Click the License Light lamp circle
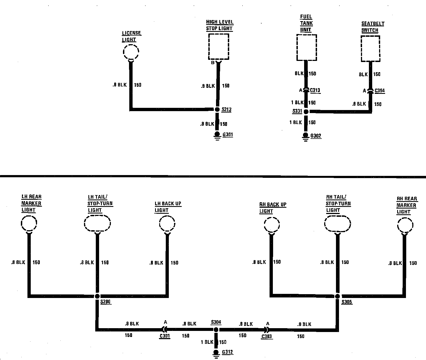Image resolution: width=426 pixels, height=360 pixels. click(131, 52)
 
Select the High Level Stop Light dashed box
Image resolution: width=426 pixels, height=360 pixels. click(218, 47)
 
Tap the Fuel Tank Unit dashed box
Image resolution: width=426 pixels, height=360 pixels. click(307, 47)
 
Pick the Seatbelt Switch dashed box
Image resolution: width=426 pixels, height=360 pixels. click(370, 49)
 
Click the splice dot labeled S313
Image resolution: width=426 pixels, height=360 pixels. click(217, 109)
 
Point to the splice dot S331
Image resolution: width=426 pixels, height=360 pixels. click(306, 111)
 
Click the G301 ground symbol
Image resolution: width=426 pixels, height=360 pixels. click(217, 135)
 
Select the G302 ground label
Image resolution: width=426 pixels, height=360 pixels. click(316, 136)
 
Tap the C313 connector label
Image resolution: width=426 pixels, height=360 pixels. click(315, 90)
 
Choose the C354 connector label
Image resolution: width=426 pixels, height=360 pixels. click(380, 91)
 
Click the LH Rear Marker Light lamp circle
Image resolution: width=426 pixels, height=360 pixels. click(29, 224)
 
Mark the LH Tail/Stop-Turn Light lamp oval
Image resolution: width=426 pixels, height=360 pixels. click(97, 224)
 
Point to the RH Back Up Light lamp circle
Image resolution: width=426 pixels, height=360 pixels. click(272, 225)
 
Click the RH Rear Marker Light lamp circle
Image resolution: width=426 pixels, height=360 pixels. click(405, 226)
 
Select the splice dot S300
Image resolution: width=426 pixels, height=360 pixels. click(97, 296)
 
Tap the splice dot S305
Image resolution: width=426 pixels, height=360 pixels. click(337, 296)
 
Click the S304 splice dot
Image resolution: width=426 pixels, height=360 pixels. click(216, 330)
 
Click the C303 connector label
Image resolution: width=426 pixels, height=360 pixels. click(267, 337)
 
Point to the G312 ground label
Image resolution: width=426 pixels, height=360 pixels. click(227, 352)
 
